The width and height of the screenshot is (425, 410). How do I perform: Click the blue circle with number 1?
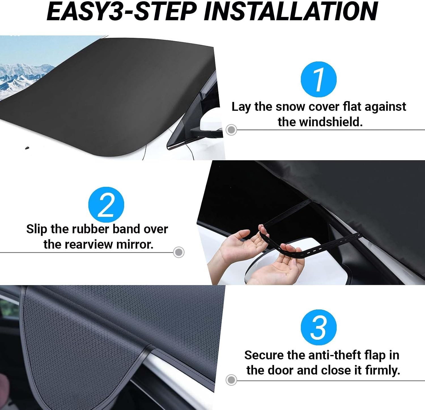(x=319, y=79)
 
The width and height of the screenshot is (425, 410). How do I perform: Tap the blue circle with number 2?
(x=106, y=205)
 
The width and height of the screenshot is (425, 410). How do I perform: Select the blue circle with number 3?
(x=319, y=327)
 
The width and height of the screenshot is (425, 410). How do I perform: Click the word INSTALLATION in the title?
(x=291, y=11)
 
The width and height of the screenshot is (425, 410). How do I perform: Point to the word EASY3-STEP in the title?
(x=122, y=11)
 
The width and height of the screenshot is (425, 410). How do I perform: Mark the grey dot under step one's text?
(x=231, y=130)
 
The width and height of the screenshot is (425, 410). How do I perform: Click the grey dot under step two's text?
(x=178, y=252)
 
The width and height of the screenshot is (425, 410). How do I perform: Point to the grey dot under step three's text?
(x=231, y=380)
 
